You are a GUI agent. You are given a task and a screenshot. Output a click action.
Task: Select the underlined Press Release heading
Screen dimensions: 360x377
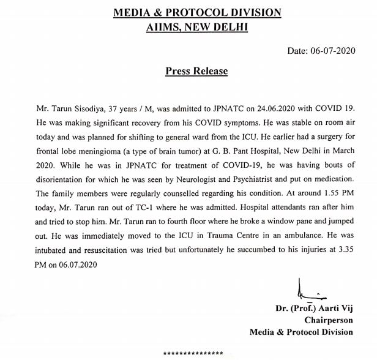pos(196,72)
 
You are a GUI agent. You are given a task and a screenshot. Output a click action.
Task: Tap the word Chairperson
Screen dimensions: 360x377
pos(329,320)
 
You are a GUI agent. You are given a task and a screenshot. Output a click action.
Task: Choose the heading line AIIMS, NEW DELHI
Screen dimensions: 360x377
pos(196,26)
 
